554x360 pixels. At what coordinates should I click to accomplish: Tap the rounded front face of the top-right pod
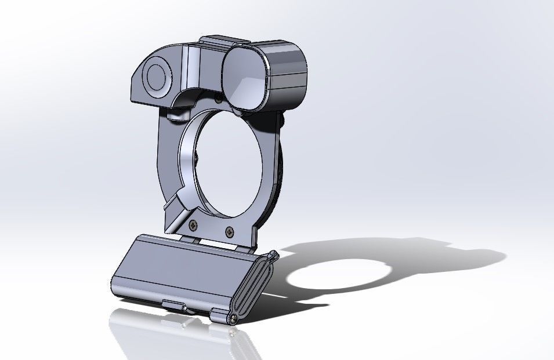coord(245,77)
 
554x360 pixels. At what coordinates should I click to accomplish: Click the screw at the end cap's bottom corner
coord(233,317)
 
